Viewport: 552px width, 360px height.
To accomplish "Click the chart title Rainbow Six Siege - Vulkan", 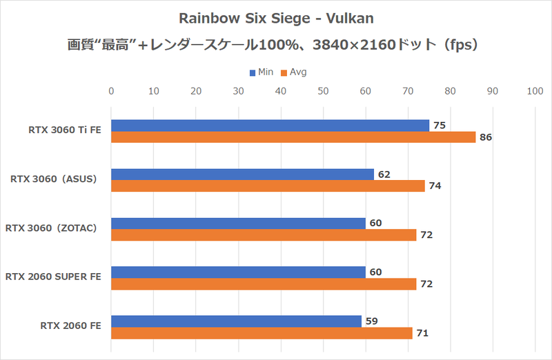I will tap(276, 17).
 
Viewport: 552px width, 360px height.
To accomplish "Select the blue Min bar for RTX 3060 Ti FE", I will tap(270, 126).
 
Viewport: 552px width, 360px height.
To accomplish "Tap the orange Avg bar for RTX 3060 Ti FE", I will tap(293, 137).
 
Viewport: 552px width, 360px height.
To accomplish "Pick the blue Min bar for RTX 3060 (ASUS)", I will tap(242, 174).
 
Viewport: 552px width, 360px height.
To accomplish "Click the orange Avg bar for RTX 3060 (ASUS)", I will tap(268, 186).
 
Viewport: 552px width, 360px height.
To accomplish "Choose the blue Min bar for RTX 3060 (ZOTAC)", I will tap(238, 223).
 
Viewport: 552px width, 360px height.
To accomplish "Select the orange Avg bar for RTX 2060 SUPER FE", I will tap(264, 284).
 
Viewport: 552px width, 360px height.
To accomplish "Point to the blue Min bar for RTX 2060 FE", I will tap(236, 321).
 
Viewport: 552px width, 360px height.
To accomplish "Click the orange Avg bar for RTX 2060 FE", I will tap(262, 333).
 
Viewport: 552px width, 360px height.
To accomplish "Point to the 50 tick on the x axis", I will tap(323, 90).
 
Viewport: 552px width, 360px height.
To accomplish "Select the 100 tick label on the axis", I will tap(535, 90).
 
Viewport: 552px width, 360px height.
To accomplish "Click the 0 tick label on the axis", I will tap(111, 90).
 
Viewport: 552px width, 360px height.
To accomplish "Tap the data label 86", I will tap(486, 138).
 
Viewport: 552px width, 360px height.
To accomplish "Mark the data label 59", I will tap(372, 321).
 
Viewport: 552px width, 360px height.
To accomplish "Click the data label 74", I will tap(435, 186).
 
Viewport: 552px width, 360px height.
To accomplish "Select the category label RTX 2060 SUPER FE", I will tap(53, 277).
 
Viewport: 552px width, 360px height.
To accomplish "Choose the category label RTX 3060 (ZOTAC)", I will tap(54, 228).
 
